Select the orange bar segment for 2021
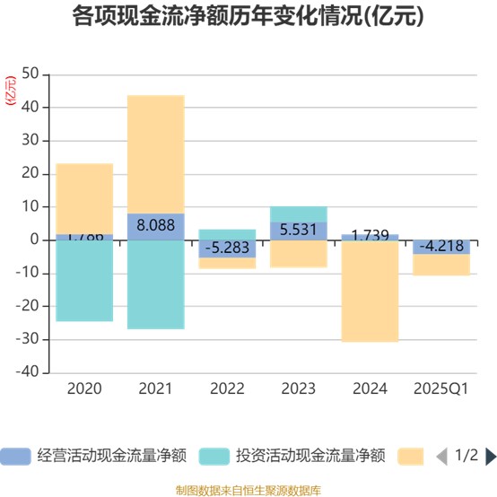[155, 153]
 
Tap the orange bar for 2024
[370, 292]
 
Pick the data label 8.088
[155, 227]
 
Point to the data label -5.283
[227, 247]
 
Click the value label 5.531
[298, 231]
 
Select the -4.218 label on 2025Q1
[441, 247]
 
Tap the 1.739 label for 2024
[370, 236]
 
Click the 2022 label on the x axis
[227, 389]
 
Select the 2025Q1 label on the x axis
[441, 389]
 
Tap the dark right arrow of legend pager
[490, 457]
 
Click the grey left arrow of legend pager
[441, 457]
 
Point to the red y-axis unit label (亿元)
[11, 92]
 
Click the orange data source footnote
[248, 488]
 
